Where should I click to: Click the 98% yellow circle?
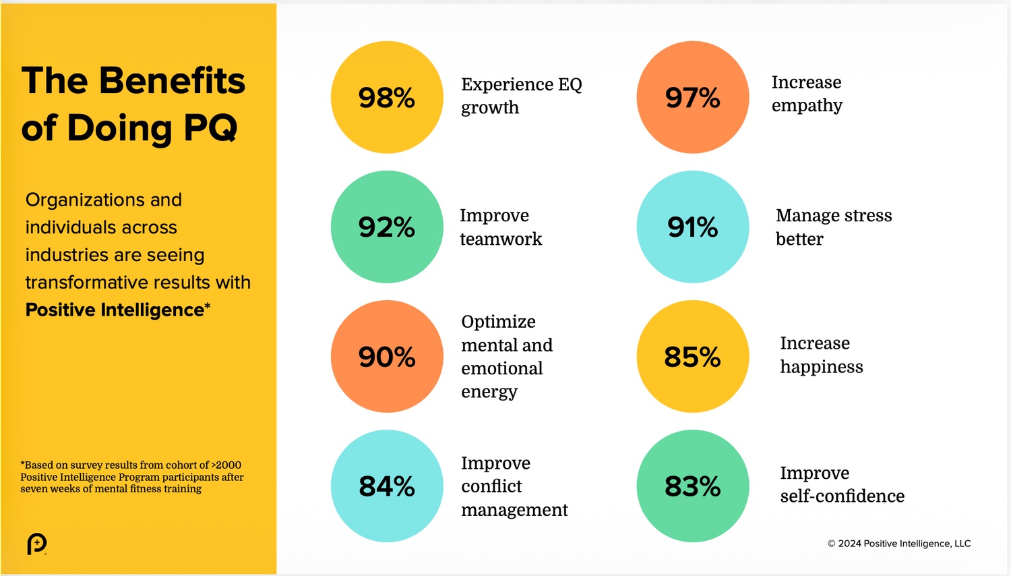[x=387, y=97]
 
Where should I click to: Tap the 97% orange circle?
[x=693, y=97]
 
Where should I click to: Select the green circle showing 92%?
[x=387, y=227]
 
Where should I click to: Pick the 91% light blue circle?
[x=693, y=227]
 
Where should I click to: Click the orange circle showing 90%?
[x=387, y=356]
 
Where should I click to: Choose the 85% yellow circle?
[x=693, y=356]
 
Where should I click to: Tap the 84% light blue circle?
[x=387, y=486]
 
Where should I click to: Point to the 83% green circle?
[x=693, y=486]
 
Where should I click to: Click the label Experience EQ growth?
[x=521, y=96]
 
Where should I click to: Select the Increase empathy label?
[x=807, y=94]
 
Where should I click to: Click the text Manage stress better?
[x=834, y=227]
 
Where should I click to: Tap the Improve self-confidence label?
[x=842, y=484]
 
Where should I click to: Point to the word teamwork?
[x=501, y=239]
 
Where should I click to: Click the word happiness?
[x=822, y=367]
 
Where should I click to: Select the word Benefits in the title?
[x=172, y=80]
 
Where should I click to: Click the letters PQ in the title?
[x=210, y=127]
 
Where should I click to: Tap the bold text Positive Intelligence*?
[x=117, y=310]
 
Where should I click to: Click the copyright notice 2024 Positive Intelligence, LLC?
[x=899, y=544]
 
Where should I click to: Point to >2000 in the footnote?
[x=226, y=465]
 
